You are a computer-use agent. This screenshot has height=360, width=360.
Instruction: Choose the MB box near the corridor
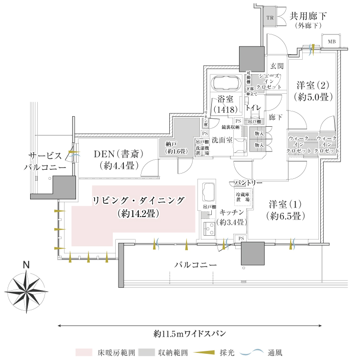[331, 42]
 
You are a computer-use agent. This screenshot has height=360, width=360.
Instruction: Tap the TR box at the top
[270, 18]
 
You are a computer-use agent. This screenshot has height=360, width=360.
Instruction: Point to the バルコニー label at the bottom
[196, 264]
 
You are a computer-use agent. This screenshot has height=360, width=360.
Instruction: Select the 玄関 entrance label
[277, 65]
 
